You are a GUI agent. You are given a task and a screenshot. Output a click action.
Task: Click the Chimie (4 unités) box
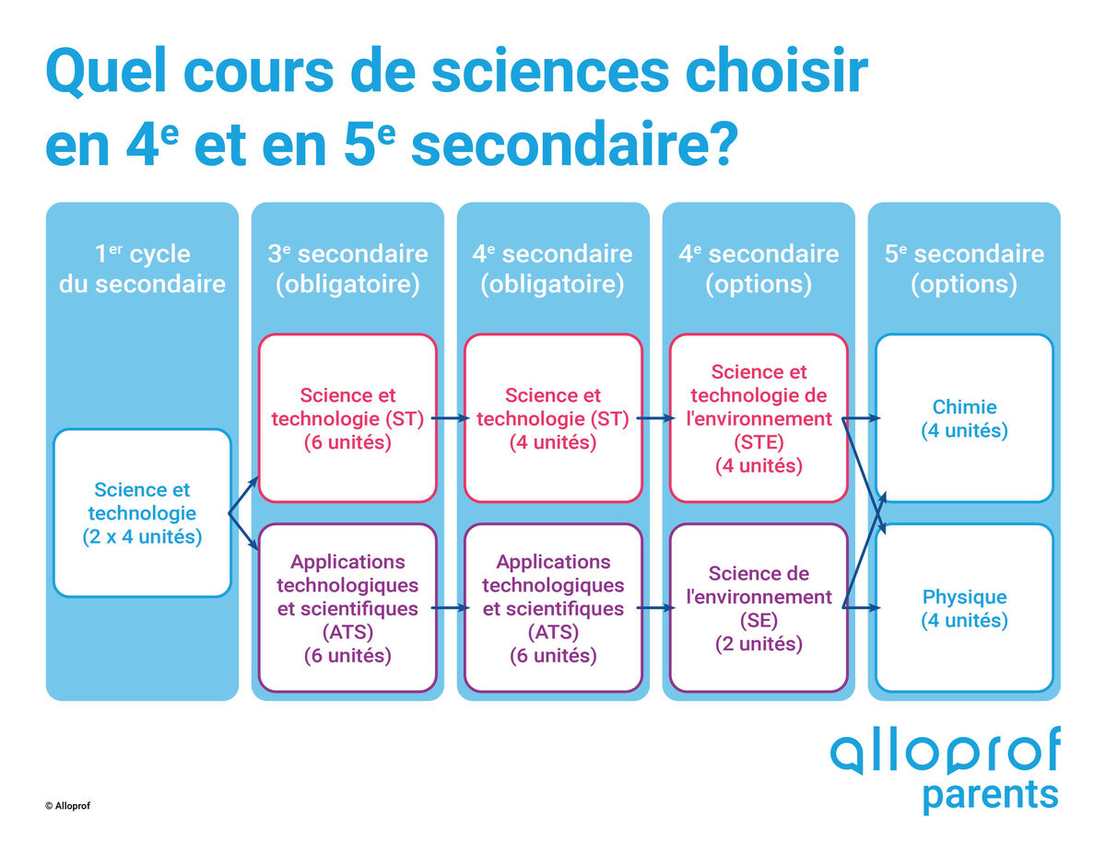pyautogui.click(x=964, y=418)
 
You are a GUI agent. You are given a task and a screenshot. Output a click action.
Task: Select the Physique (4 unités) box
pyautogui.click(x=964, y=608)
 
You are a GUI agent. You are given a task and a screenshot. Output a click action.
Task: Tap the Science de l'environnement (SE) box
pyautogui.click(x=759, y=608)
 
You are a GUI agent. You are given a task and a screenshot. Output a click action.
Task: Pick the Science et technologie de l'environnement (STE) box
pyautogui.click(x=759, y=418)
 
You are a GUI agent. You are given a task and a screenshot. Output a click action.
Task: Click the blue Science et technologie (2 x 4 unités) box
pyautogui.click(x=142, y=512)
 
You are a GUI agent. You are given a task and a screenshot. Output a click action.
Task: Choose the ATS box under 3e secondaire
pyautogui.click(x=347, y=608)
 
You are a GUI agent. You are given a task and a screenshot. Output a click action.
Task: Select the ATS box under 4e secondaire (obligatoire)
pyautogui.click(x=553, y=608)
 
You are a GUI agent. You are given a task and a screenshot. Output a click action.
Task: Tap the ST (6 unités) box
pyautogui.click(x=347, y=418)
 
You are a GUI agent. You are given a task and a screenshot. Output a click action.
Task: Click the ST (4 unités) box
pyautogui.click(x=553, y=418)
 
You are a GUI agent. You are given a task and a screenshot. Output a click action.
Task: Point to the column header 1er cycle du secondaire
pyautogui.click(x=142, y=268)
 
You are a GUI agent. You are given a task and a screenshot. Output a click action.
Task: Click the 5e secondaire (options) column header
pyautogui.click(x=964, y=268)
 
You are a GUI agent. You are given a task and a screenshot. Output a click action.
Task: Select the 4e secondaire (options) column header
pyautogui.click(x=759, y=268)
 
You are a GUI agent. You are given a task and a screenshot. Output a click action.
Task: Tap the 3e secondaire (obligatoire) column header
pyautogui.click(x=347, y=268)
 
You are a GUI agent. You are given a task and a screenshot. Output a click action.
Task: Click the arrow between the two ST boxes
pyautogui.click(x=450, y=419)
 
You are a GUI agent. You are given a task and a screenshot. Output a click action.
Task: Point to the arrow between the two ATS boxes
pyautogui.click(x=450, y=609)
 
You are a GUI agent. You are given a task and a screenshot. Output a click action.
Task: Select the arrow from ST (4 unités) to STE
pyautogui.click(x=655, y=419)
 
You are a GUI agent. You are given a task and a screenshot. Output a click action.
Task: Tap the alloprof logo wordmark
pyautogui.click(x=945, y=751)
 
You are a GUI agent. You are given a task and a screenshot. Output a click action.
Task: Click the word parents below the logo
pyautogui.click(x=990, y=795)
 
